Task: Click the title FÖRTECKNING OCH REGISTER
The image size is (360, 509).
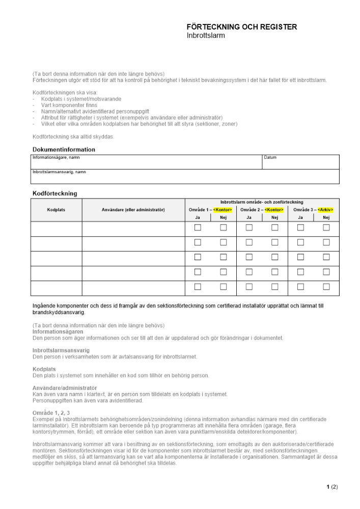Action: click(x=241, y=27)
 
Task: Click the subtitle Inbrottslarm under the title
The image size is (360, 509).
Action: click(x=206, y=36)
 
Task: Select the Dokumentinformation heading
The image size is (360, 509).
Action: click(x=64, y=150)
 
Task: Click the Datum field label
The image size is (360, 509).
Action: click(x=270, y=158)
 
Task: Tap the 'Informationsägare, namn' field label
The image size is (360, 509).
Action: click(x=56, y=158)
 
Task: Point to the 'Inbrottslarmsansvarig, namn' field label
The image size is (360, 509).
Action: click(x=59, y=172)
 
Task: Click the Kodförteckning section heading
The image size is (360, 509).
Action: click(x=54, y=193)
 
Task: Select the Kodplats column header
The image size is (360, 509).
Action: click(x=56, y=210)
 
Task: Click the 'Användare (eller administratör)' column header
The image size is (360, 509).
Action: click(x=133, y=210)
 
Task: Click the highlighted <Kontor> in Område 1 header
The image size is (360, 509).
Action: click(x=223, y=210)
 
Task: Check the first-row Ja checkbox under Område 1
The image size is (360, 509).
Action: click(x=198, y=228)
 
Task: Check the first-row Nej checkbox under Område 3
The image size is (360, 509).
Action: click(x=326, y=228)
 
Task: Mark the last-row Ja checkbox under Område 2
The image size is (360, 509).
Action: click(x=249, y=287)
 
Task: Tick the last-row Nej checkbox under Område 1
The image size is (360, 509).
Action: click(x=223, y=287)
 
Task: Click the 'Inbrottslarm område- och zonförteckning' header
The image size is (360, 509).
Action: click(x=262, y=202)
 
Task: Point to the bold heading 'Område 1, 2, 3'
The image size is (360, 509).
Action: click(x=51, y=413)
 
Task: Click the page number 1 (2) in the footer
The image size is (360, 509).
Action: click(x=332, y=487)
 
